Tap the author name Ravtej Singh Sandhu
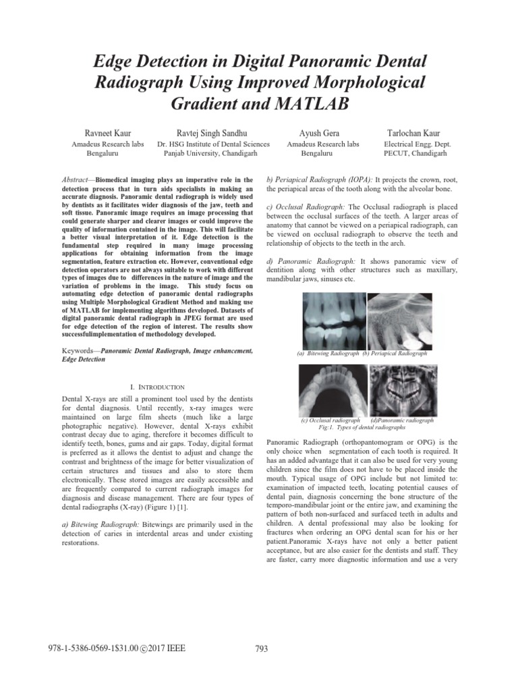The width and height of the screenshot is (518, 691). (212, 133)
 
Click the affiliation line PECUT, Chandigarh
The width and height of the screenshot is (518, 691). (415, 154)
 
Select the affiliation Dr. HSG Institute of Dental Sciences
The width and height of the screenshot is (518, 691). (212, 144)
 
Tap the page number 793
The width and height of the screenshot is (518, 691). (262, 649)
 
